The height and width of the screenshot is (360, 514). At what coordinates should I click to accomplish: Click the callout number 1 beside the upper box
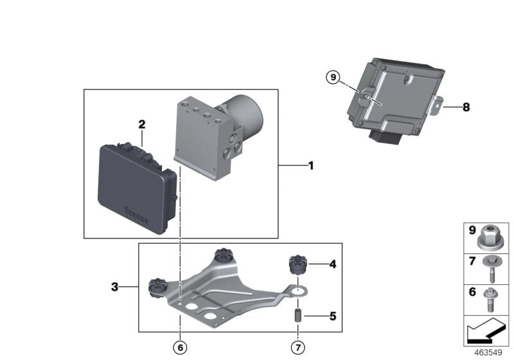coord(311,166)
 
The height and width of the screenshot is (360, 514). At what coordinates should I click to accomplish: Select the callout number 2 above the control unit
coord(142,124)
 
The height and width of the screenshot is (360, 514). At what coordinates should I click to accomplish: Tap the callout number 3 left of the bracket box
coord(114,287)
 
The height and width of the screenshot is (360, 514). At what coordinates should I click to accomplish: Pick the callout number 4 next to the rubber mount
coord(332,264)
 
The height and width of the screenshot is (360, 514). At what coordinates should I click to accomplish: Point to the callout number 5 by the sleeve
coord(332,316)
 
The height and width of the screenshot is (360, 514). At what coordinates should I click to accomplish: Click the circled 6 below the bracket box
coord(181,348)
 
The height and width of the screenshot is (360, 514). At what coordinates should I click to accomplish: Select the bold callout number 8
coord(466,107)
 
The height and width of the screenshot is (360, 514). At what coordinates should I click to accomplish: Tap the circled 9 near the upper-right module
coord(332,78)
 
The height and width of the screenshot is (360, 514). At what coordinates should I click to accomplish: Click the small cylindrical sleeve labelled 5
coord(299,317)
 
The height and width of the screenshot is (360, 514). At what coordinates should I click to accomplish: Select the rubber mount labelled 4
coord(297,265)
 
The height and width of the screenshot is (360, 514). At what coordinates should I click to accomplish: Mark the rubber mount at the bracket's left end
coord(157,287)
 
